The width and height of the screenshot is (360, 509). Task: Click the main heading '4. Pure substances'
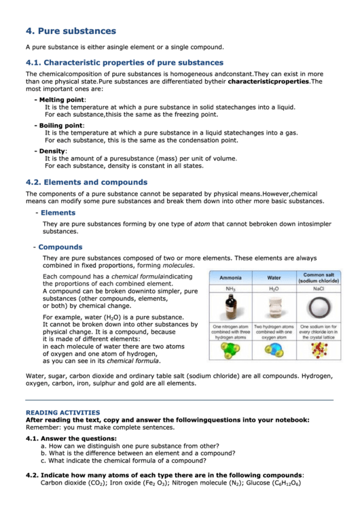(71, 31)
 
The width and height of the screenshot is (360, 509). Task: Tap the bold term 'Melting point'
(61, 99)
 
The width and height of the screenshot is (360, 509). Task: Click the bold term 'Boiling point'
(60, 125)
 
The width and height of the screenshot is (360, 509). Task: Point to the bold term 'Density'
(52, 150)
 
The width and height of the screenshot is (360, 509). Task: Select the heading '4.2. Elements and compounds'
(86, 182)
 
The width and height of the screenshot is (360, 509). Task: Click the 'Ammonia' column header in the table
(230, 277)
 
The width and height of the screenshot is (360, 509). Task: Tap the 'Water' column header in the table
(274, 277)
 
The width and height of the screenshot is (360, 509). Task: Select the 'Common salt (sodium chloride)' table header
(319, 277)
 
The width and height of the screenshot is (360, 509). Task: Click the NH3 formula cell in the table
(230, 288)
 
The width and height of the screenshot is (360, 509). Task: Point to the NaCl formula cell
(319, 288)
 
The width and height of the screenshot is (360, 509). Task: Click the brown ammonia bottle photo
(230, 306)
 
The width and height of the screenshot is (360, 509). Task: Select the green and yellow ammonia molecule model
(230, 350)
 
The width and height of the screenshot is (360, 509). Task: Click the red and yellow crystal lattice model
(319, 350)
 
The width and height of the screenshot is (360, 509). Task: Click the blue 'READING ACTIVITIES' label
(62, 413)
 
